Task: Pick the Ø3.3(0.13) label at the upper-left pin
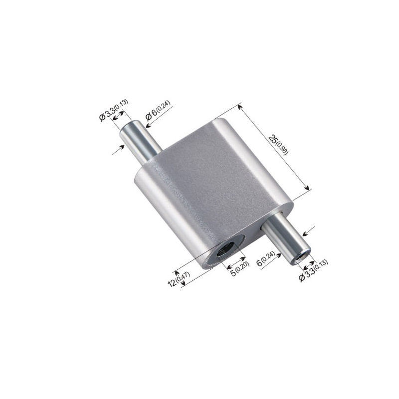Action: (x=114, y=110)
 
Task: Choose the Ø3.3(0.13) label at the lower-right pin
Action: (x=314, y=270)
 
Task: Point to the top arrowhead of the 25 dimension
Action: (x=240, y=105)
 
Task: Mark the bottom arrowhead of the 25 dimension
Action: (x=309, y=189)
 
